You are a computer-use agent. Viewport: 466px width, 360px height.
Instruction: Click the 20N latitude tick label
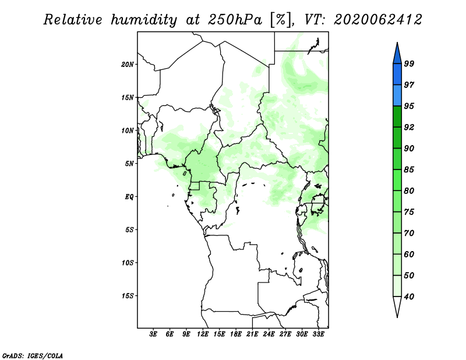[x=128, y=65]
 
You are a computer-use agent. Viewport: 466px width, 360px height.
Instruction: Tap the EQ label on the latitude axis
[x=129, y=197]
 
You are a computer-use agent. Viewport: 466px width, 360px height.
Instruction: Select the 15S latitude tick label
[x=128, y=296]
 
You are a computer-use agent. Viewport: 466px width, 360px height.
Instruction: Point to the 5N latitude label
[x=129, y=164]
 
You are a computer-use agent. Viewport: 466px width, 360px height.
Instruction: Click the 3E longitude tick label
[x=153, y=334]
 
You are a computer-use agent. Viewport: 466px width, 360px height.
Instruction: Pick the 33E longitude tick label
[x=318, y=334]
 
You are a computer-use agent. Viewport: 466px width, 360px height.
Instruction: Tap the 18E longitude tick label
[x=236, y=334]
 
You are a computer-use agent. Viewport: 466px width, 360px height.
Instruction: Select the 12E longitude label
[x=203, y=334]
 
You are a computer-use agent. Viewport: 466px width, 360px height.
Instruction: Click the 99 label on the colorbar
[x=409, y=63]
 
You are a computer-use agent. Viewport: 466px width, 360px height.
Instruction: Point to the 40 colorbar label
[x=409, y=297]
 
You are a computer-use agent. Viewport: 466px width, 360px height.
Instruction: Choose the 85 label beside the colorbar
[x=409, y=170]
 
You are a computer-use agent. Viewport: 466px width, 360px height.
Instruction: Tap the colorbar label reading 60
[x=409, y=255]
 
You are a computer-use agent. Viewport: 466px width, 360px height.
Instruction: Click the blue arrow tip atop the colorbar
[x=397, y=43]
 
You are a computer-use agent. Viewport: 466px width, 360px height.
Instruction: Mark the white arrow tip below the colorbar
[x=397, y=317]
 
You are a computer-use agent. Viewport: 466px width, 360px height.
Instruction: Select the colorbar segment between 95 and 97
[x=397, y=96]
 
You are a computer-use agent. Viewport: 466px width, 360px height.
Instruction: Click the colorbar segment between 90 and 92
[x=397, y=137]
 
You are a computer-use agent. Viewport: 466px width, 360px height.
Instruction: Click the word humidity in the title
[x=144, y=20]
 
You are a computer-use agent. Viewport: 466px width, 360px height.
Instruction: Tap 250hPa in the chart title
[x=235, y=20]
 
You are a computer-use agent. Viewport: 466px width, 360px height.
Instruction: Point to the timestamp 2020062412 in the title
[x=378, y=20]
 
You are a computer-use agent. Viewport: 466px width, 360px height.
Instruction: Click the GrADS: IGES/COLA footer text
[x=33, y=355]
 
